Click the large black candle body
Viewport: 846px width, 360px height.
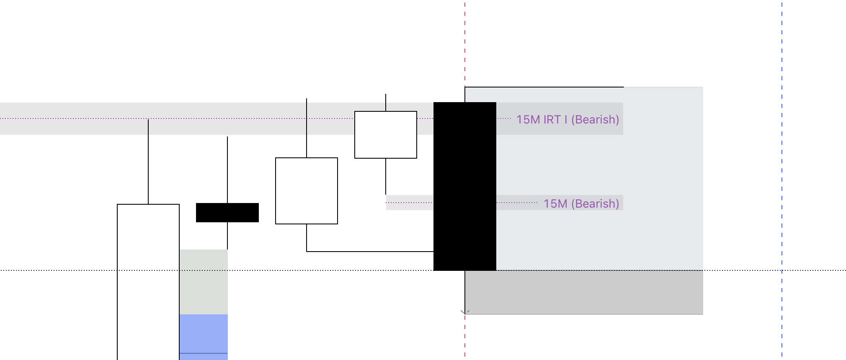pyautogui.click(x=465, y=186)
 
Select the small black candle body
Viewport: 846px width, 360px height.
pyautogui.click(x=227, y=213)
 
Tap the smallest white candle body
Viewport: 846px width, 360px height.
pyautogui.click(x=386, y=135)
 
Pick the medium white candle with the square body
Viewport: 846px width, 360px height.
pyautogui.click(x=307, y=191)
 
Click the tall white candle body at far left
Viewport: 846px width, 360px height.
pyautogui.click(x=148, y=280)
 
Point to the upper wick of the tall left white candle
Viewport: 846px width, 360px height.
pyautogui.click(x=148, y=161)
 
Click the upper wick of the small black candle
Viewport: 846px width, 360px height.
pyautogui.click(x=227, y=170)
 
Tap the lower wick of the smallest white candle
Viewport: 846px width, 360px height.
pyautogui.click(x=386, y=176)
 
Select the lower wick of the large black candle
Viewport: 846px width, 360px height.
pyautogui.click(x=465, y=291)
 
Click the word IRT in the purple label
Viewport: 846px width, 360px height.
pyautogui.click(x=552, y=120)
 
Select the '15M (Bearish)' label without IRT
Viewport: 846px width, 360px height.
pyautogui.click(x=581, y=204)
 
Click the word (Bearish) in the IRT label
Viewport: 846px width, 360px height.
pyautogui.click(x=595, y=120)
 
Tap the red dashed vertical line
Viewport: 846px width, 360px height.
pyautogui.click(x=465, y=42)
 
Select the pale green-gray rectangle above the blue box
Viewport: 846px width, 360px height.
pyautogui.click(x=204, y=282)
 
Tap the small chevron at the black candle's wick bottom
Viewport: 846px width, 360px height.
pyautogui.click(x=465, y=312)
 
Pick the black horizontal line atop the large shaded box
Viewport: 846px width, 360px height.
pyautogui.click(x=544, y=87)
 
